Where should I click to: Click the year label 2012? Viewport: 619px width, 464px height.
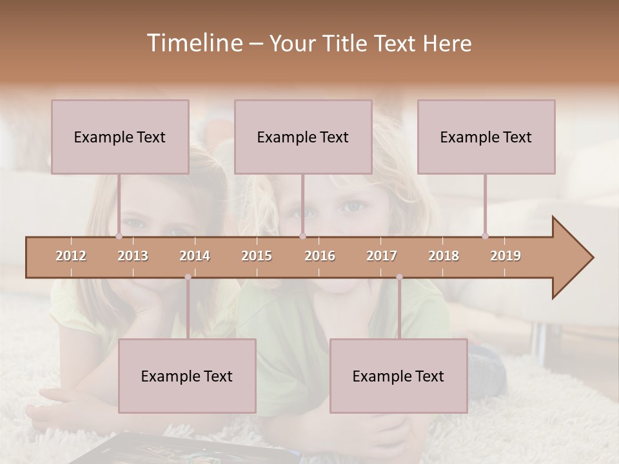tap(71, 256)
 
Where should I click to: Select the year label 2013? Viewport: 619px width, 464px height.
tap(133, 256)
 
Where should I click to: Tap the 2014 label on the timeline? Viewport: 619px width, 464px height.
tap(195, 256)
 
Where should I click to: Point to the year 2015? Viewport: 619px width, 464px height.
tap(257, 256)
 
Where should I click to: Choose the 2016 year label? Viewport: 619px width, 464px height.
tap(320, 256)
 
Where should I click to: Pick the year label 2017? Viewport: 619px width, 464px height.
tap(382, 256)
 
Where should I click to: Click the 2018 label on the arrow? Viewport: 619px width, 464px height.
tap(444, 256)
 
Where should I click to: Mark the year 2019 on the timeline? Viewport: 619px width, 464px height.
tap(506, 256)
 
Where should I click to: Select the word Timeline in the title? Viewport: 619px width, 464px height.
tap(193, 43)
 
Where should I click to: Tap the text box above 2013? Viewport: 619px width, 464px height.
tap(120, 137)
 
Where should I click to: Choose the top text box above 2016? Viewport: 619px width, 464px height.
tap(303, 137)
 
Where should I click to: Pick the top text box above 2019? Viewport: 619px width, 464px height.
tap(486, 137)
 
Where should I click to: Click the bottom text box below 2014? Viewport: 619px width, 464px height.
tap(187, 376)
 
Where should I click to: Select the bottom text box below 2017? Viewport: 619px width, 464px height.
tap(398, 376)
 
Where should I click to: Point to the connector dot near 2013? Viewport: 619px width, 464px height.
tap(119, 236)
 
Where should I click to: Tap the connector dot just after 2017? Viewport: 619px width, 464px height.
tap(399, 277)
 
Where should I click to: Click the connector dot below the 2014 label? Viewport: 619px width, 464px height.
tap(188, 277)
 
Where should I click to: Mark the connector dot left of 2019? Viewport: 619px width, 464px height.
tap(485, 236)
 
